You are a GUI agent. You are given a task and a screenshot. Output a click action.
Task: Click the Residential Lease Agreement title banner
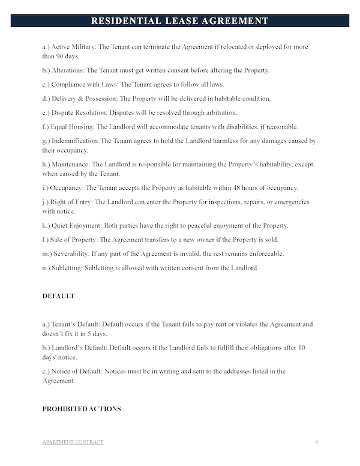[x=180, y=21]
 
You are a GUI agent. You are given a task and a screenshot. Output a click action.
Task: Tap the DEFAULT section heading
[x=58, y=296]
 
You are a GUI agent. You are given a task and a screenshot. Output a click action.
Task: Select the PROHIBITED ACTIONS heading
[x=82, y=409]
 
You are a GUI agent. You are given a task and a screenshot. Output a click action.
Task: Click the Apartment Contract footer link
[x=73, y=442]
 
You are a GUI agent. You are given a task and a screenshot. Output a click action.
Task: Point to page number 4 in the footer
[x=316, y=442]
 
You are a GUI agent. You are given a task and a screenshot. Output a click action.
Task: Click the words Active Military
[x=75, y=46]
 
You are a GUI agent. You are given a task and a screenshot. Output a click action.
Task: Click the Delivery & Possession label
[x=84, y=98]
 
